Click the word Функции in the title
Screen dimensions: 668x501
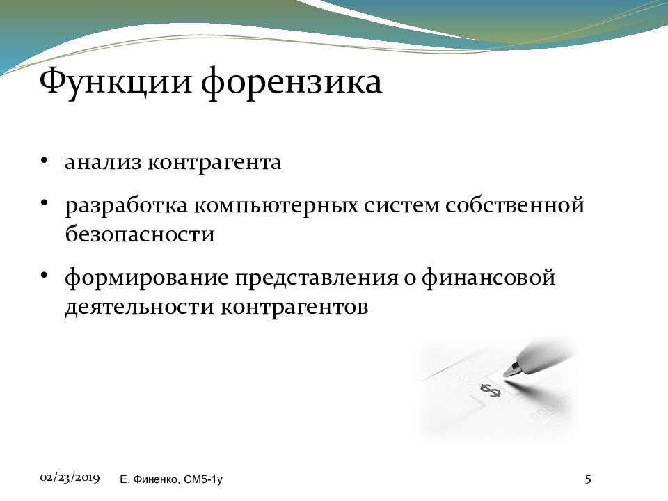point(116,82)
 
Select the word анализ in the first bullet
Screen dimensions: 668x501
point(103,163)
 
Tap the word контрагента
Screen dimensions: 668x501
point(214,163)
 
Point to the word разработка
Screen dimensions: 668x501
point(126,205)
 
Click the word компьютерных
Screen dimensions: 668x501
point(276,206)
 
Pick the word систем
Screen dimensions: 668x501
point(401,206)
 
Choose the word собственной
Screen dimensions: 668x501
point(515,205)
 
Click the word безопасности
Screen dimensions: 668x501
point(140,234)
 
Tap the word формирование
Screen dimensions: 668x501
point(147,278)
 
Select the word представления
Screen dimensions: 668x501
point(317,278)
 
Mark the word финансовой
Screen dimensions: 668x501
point(488,278)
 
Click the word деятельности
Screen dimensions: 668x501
point(139,307)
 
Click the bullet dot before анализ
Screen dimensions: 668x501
point(43,161)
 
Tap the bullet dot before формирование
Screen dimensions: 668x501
point(43,276)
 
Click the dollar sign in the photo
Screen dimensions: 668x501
point(491,390)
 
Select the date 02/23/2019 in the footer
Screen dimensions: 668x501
point(70,477)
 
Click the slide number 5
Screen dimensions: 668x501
point(588,479)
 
